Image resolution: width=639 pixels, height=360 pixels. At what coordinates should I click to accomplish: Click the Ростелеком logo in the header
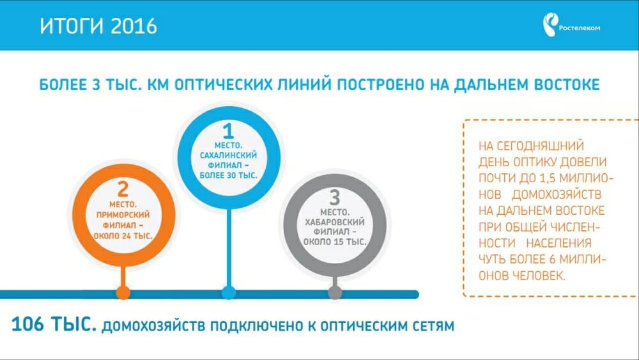571,25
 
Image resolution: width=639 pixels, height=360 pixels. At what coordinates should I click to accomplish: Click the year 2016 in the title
134,26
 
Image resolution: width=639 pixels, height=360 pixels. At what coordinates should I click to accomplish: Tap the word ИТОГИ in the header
72,26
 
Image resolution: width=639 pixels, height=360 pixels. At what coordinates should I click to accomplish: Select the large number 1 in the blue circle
228,131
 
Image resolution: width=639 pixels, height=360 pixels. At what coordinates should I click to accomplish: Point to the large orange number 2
123,189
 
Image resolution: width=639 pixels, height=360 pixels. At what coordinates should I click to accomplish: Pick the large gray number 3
335,198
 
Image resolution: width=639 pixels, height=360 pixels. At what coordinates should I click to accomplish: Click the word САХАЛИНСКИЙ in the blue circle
228,155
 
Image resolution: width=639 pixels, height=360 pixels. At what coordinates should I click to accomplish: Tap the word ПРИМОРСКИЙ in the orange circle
123,214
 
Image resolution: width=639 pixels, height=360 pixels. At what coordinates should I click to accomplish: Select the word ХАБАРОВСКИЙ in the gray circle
335,222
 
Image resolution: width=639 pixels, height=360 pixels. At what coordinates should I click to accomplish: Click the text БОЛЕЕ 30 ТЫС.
228,176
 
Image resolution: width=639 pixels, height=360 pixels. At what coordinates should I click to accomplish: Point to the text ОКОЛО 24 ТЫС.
123,236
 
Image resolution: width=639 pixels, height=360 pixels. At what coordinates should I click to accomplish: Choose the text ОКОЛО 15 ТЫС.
335,242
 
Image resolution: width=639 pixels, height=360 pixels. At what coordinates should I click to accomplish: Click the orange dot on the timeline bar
123,292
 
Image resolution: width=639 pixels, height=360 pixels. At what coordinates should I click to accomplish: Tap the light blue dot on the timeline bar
229,292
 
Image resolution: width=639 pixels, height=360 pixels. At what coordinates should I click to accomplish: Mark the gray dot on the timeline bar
335,292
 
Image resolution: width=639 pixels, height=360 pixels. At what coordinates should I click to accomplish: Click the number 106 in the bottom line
27,325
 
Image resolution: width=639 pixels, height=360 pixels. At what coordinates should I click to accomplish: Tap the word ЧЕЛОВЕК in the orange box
538,276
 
